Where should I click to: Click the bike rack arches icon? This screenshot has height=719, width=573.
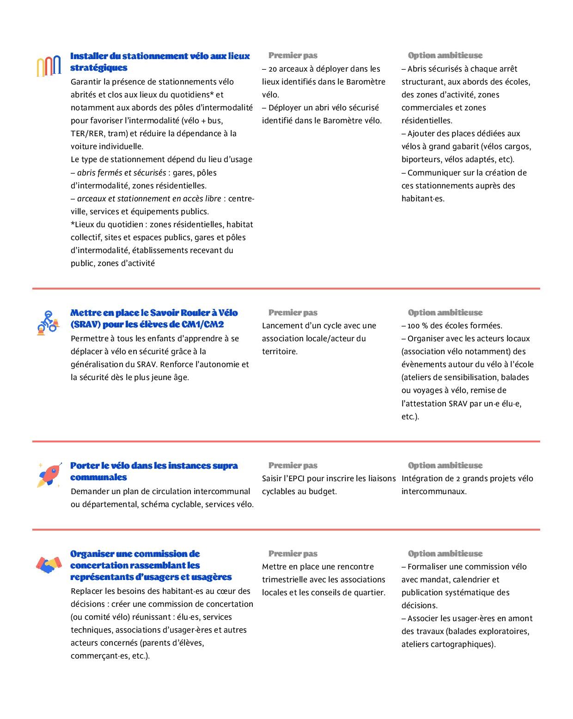[49, 66]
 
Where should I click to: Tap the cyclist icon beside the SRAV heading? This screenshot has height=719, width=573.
[48, 322]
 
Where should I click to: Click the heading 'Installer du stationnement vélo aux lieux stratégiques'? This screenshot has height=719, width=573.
[160, 61]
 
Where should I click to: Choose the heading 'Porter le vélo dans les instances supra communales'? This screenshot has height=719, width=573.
[154, 471]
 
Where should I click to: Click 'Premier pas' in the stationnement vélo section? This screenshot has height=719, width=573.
[293, 55]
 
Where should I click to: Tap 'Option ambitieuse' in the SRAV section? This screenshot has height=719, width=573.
[445, 313]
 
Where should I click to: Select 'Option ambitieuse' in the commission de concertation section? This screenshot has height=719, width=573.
[445, 554]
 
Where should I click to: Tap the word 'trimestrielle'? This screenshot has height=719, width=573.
[286, 580]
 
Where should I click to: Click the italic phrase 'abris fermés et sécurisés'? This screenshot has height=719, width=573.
[122, 173]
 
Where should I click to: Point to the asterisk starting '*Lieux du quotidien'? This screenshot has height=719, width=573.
[73, 224]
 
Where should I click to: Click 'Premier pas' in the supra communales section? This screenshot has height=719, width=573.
[293, 465]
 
